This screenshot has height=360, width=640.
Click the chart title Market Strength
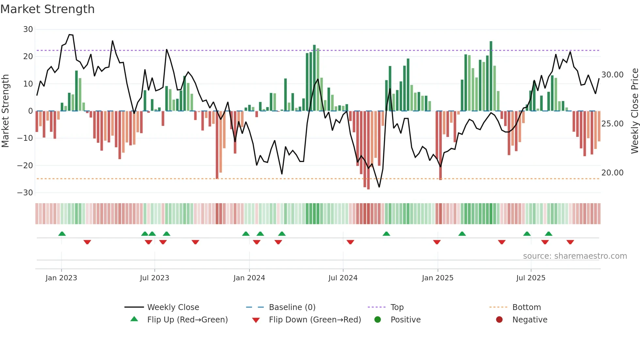click(47, 9)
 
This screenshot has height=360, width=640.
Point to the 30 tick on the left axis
click(28, 29)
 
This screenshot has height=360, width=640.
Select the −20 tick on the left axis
click(25, 166)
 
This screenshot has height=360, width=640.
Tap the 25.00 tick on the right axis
click(612, 124)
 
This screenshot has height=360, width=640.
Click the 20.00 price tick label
click(612, 173)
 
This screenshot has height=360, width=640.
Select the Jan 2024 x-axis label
click(249, 278)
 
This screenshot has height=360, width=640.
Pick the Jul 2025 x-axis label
click(531, 278)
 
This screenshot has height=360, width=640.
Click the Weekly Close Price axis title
click(634, 111)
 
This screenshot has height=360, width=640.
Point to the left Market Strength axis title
click(5, 111)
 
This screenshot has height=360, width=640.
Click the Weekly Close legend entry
click(173, 307)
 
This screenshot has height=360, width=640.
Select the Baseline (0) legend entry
click(292, 307)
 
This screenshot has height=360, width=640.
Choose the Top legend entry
click(397, 307)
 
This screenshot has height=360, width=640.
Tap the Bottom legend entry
click(526, 307)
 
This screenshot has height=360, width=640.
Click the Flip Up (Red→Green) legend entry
click(187, 320)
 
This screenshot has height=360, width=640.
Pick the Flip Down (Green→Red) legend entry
click(315, 320)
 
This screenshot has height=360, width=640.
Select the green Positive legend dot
click(378, 320)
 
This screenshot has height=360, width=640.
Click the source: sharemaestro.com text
click(575, 256)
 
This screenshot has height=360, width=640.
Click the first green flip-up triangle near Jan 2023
click(62, 234)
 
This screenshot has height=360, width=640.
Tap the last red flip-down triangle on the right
click(570, 242)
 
